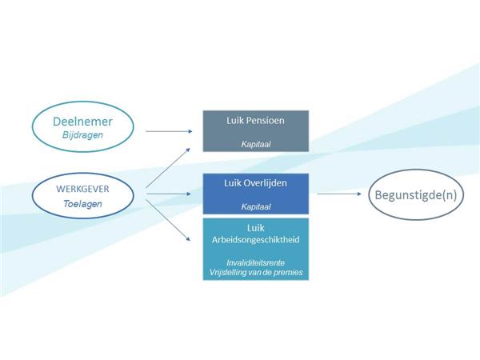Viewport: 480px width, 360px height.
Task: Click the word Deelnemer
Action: [78, 122]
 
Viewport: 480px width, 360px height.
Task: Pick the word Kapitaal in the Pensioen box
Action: [254, 145]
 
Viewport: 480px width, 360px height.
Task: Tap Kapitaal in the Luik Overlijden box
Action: [254, 206]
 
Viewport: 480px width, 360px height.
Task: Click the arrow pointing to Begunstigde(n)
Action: [340, 193]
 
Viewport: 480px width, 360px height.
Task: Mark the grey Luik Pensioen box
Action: [254, 132]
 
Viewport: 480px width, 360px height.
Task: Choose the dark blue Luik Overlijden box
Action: [254, 194]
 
